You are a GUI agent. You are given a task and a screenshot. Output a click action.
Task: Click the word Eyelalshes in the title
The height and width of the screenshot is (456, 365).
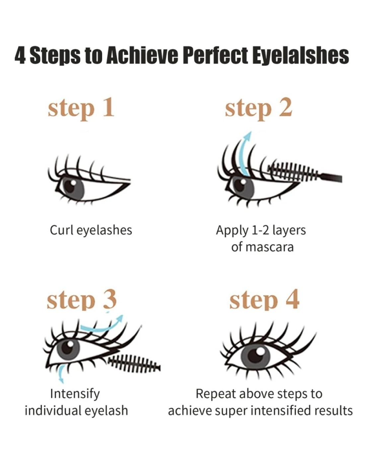coord(300,56)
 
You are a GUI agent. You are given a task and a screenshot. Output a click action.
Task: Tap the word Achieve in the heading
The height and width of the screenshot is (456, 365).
coord(142,55)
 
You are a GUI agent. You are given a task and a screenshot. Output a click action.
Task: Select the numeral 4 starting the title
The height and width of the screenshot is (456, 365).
coord(20,56)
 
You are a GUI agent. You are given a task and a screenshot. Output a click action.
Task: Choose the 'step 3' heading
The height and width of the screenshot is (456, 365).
coord(82,299)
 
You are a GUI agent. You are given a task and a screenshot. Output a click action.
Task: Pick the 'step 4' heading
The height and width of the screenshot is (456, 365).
coord(264,299)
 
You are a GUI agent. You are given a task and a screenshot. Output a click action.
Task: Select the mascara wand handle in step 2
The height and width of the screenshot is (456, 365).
coord(330,177)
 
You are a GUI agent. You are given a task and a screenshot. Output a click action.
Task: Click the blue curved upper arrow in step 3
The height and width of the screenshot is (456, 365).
coord(102,326)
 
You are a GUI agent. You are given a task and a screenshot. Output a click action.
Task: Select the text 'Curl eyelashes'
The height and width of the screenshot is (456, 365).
coord(91,230)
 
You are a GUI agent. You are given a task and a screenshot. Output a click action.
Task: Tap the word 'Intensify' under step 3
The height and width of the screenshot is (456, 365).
coord(75,394)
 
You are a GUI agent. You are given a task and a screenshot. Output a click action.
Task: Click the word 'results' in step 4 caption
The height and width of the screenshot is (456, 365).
coord(333,411)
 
